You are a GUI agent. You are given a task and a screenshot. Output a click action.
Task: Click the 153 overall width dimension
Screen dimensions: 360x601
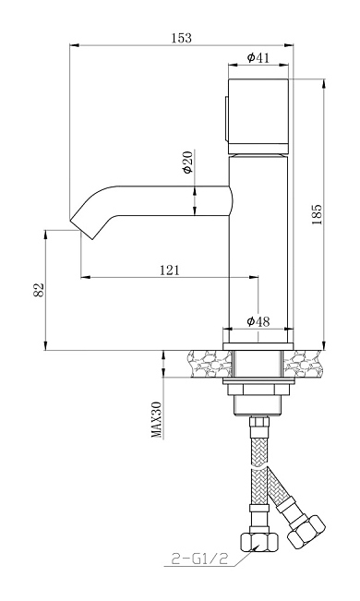tap(181, 38)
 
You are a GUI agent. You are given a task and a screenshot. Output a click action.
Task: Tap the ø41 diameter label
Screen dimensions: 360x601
tap(258, 57)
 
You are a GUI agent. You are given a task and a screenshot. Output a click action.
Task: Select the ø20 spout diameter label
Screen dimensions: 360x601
tap(188, 162)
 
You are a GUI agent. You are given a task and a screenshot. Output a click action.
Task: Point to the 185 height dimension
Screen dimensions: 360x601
tap(317, 214)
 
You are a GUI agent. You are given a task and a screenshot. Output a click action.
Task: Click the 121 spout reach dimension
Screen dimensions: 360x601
tap(169, 270)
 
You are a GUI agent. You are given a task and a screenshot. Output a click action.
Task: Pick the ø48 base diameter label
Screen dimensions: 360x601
tap(258, 321)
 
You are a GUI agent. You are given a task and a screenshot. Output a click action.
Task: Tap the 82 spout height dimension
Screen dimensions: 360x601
tap(39, 290)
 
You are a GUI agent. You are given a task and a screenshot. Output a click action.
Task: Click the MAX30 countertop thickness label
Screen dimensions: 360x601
tap(156, 420)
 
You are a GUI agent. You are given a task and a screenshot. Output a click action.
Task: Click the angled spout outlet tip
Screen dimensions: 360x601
tap(81, 230)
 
